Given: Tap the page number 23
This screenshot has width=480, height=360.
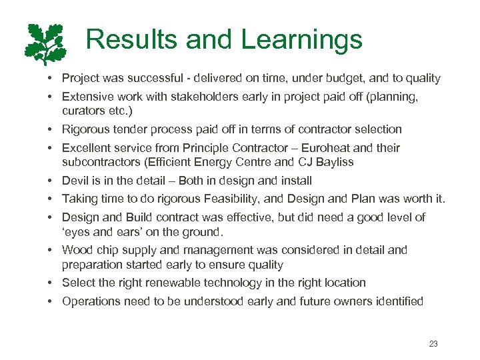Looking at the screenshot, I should point(433,344).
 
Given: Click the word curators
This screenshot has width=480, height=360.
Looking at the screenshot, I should point(84,111).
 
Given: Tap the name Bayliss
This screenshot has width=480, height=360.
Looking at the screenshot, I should point(333,161).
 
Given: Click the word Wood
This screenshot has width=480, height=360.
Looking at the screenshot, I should point(77,250).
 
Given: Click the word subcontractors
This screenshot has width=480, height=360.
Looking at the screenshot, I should point(99,161).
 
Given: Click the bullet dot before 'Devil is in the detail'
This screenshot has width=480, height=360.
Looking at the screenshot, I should point(51,181).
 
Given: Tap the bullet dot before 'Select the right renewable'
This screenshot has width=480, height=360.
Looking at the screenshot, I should point(51,283).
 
